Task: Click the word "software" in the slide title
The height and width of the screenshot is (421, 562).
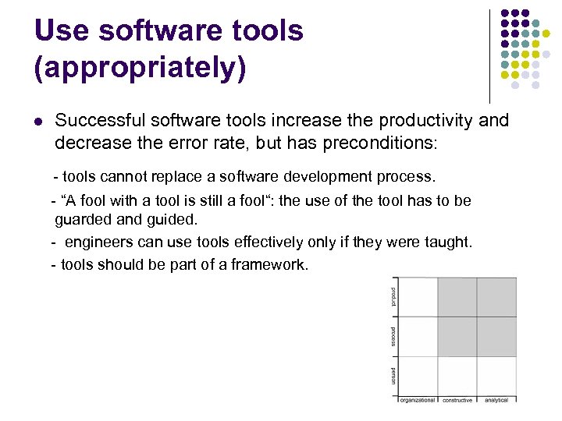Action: pyautogui.click(x=159, y=30)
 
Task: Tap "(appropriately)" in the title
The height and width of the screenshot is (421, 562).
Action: pyautogui.click(x=140, y=68)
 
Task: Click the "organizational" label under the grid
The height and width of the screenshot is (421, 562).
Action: pyautogui.click(x=418, y=400)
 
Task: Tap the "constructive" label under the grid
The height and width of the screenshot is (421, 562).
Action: pyautogui.click(x=457, y=400)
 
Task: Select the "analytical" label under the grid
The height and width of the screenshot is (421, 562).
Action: pyautogui.click(x=496, y=400)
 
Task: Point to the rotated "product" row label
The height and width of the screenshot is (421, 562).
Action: pyautogui.click(x=393, y=296)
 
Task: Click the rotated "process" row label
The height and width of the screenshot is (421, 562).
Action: pyautogui.click(x=393, y=336)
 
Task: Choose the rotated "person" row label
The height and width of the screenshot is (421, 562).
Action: pyautogui.click(x=393, y=376)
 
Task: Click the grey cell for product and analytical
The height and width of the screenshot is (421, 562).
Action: pyautogui.click(x=496, y=297)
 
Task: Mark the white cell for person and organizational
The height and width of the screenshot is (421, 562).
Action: pyautogui.click(x=418, y=376)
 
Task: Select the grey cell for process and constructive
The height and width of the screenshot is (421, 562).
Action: pyautogui.click(x=457, y=336)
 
